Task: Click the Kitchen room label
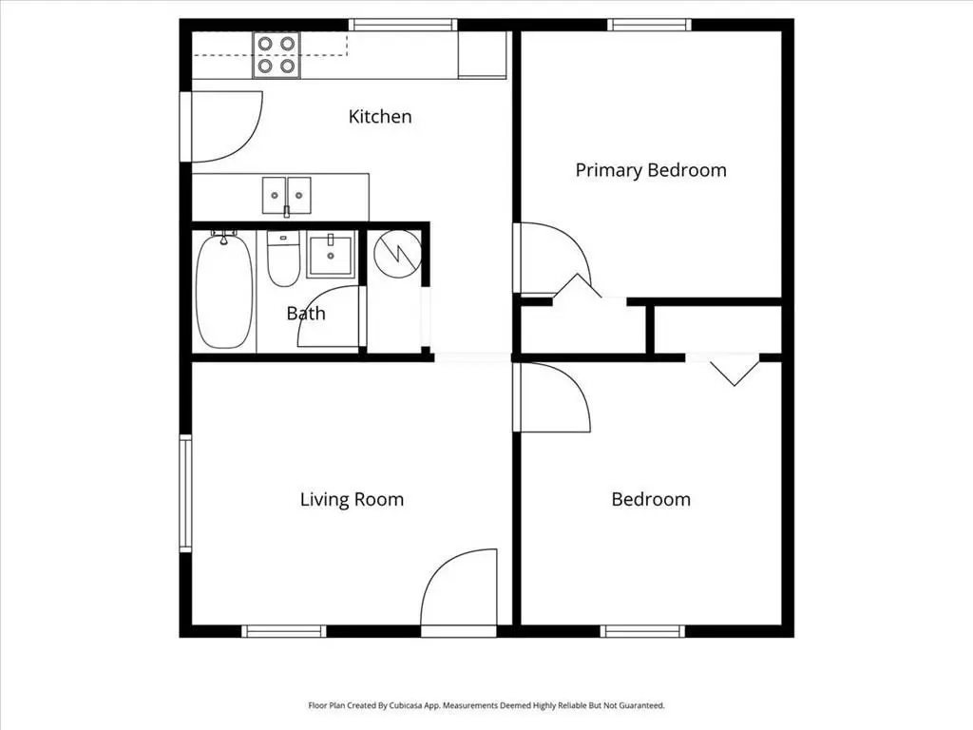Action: [x=380, y=116]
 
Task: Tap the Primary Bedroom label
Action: [x=651, y=170]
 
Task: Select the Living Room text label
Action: [x=352, y=499]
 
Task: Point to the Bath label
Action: [x=306, y=313]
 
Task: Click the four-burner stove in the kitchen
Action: [x=277, y=55]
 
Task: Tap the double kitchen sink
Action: [x=287, y=196]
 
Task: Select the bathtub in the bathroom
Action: [x=224, y=290]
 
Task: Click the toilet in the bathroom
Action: [x=283, y=259]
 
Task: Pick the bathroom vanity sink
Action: [x=331, y=254]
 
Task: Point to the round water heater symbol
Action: [x=398, y=253]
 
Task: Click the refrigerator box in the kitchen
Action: [x=482, y=55]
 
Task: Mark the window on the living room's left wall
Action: [x=185, y=493]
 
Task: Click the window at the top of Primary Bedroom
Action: [x=649, y=25]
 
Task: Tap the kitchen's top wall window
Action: [x=403, y=25]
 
